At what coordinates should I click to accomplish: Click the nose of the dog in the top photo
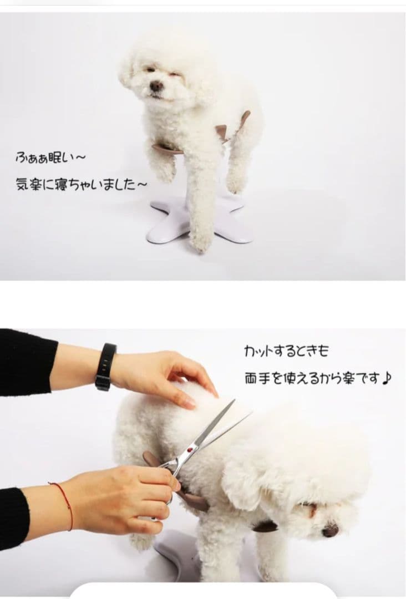(156, 86)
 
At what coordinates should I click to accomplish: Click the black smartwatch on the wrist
(105, 367)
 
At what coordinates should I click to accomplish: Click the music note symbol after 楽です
(387, 379)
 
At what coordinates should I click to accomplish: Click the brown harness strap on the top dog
(166, 148)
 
